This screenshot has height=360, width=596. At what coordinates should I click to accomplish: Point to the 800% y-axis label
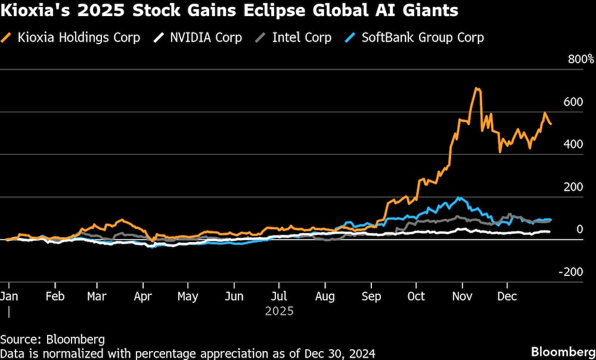pyautogui.click(x=581, y=60)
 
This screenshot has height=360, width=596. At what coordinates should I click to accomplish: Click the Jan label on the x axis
pyautogui.click(x=8, y=296)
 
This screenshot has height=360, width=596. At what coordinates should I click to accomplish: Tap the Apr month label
pyautogui.click(x=142, y=296)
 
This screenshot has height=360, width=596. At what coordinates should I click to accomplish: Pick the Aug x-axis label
pyautogui.click(x=325, y=296)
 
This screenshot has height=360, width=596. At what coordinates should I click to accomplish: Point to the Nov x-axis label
pyautogui.click(x=462, y=296)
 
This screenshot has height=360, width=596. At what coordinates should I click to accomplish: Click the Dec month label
pyautogui.click(x=507, y=296)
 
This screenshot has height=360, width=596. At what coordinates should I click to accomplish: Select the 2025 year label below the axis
pyautogui.click(x=280, y=311)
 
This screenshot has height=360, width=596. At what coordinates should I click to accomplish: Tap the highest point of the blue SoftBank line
pyautogui.click(x=459, y=198)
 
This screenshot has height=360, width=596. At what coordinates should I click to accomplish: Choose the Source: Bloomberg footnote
pyautogui.click(x=52, y=340)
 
